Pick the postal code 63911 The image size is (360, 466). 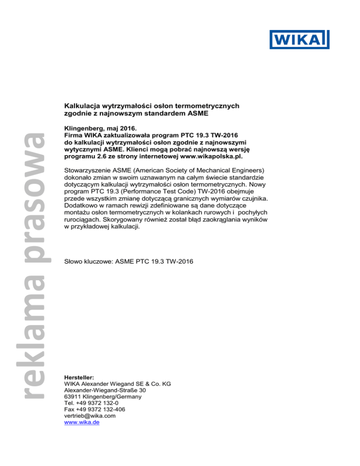click(x=74, y=396)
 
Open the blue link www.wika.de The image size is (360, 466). click(x=81, y=422)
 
